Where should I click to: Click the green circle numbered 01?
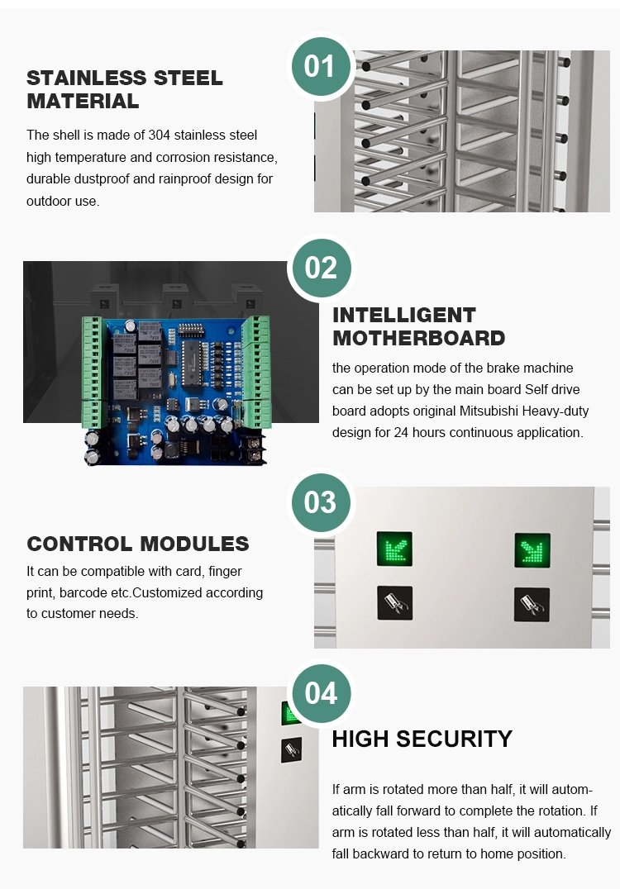(x=321, y=66)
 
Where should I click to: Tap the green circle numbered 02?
(x=321, y=268)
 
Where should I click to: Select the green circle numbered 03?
(x=321, y=502)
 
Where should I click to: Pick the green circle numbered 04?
(x=321, y=693)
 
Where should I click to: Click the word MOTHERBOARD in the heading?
(x=418, y=338)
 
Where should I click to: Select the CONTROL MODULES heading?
(x=138, y=544)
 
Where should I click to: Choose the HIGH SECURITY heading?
(x=422, y=739)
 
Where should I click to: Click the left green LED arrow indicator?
(x=395, y=549)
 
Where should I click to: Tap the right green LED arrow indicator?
(x=532, y=550)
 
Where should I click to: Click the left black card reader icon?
(x=395, y=602)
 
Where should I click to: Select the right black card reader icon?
(x=532, y=605)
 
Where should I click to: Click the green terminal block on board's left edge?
(x=91, y=372)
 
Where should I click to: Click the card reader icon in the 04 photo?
(x=292, y=750)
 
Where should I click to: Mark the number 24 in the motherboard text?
(x=401, y=433)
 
